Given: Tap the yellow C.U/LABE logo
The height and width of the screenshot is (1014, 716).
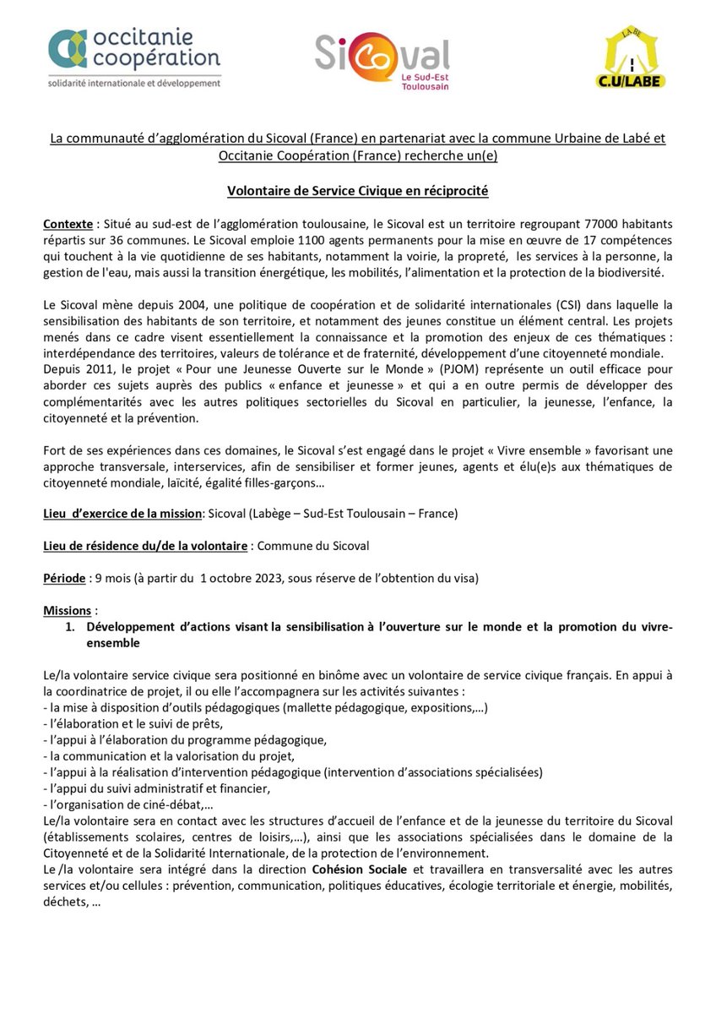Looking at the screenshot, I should [631, 59].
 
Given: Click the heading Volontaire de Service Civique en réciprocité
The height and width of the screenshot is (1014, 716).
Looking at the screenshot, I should [358, 192].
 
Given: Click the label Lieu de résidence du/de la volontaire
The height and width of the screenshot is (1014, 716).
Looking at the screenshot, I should [145, 546].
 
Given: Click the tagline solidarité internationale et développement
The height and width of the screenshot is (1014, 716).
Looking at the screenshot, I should [134, 82].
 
